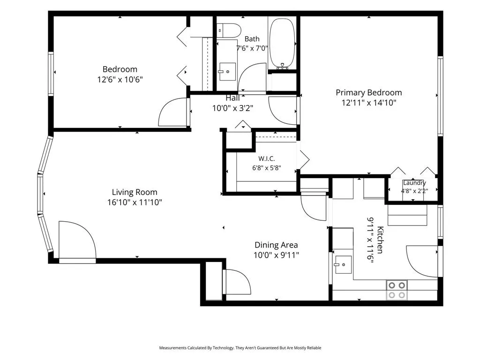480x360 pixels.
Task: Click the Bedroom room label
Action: coord(120,69)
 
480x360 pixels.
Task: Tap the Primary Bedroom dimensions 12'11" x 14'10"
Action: coord(369,103)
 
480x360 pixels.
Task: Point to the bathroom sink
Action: coord(227,72)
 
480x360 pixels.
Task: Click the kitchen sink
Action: coord(343,264)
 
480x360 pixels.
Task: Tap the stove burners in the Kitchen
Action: coord(397,290)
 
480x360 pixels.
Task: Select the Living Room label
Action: coord(135,192)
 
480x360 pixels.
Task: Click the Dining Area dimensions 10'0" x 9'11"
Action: coord(277,255)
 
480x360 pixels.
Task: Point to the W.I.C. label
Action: coord(267,158)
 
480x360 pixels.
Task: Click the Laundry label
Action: coord(414,183)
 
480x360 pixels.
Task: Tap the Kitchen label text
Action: coord(380,240)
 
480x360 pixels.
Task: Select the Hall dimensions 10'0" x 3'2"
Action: coord(232,108)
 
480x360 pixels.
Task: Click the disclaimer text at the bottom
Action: coord(240,348)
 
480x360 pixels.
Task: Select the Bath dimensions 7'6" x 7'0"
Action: coord(252,48)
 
